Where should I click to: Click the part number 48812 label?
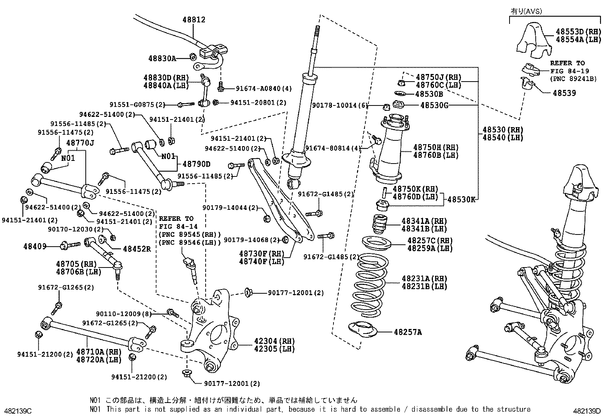(193, 19)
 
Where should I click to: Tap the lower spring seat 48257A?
(363, 330)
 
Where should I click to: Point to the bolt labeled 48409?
(71, 245)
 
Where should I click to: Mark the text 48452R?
(137, 249)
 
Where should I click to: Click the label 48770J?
(80, 143)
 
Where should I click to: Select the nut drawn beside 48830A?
(193, 57)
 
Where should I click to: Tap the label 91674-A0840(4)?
(264, 88)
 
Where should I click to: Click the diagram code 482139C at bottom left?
(18, 411)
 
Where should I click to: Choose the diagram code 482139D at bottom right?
(587, 411)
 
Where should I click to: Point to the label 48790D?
(196, 164)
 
